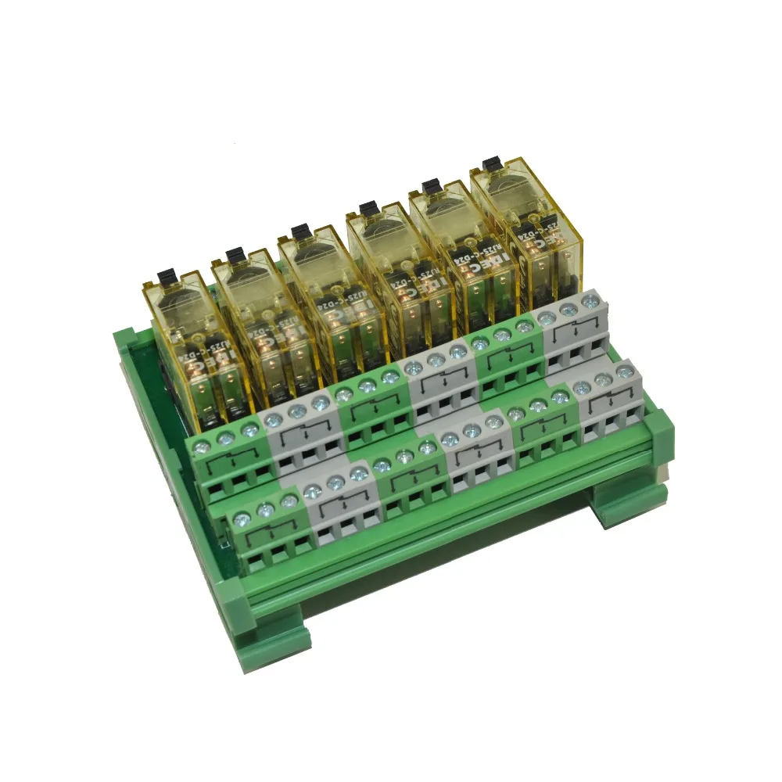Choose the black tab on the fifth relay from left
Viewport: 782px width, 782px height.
[x=429, y=186]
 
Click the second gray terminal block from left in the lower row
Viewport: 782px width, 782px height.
[x=469, y=454]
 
